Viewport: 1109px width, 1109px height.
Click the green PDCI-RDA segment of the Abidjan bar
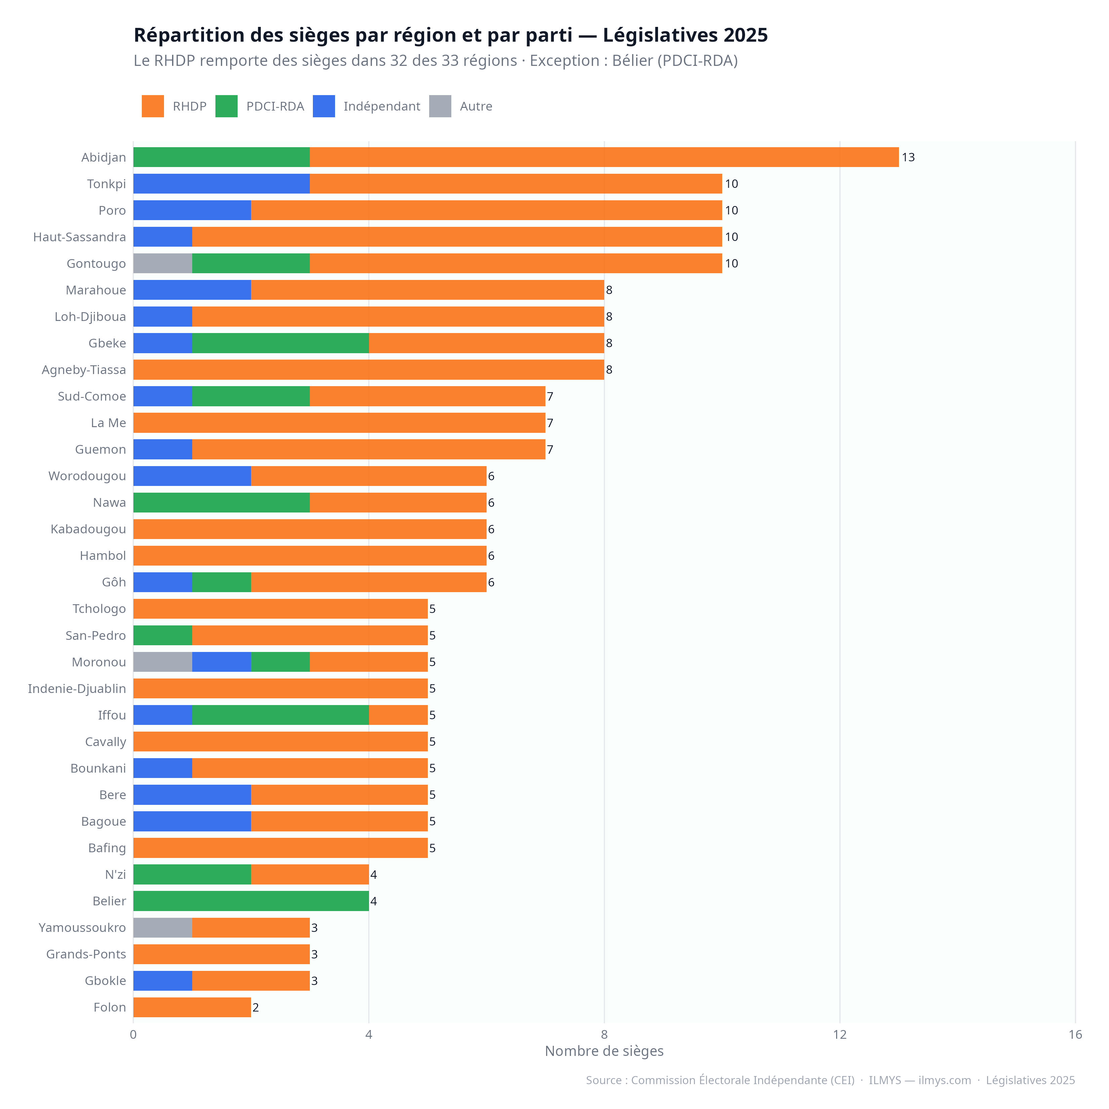(x=221, y=157)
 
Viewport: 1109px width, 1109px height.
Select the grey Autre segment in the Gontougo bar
(x=162, y=263)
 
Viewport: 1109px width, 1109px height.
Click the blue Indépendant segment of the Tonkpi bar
(x=221, y=184)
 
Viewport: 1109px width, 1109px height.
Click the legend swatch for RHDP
(x=153, y=106)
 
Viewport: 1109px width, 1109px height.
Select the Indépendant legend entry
(x=381, y=106)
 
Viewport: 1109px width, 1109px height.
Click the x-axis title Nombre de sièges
(x=604, y=1051)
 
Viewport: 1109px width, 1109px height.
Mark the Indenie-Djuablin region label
(x=77, y=688)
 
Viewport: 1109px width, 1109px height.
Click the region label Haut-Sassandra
(x=79, y=237)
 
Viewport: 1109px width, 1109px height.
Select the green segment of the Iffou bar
(x=280, y=715)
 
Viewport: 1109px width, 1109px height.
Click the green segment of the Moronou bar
(x=280, y=662)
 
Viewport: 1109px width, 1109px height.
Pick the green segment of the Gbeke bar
(x=280, y=343)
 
